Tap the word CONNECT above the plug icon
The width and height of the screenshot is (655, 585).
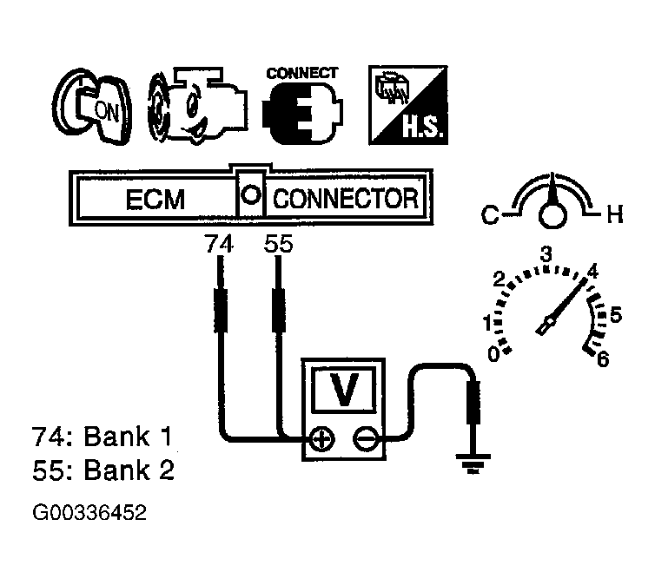tap(302, 74)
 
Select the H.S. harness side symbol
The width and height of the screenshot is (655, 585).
tap(408, 105)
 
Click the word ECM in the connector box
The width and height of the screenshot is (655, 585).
tap(155, 200)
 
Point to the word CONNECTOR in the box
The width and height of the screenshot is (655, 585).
tap(346, 199)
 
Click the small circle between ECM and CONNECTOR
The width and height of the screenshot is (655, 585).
tap(251, 194)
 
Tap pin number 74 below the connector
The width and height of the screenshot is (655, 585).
tap(219, 244)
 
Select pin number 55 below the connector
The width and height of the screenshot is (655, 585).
tap(279, 244)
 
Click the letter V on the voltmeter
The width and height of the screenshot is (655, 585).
tap(344, 390)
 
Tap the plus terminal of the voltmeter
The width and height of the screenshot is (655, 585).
tap(322, 439)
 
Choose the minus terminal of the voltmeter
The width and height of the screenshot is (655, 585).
tap(366, 439)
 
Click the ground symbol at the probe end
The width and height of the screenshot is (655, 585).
tap(473, 463)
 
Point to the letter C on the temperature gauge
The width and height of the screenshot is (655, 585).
tap(490, 215)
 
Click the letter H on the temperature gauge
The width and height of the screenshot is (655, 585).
tap(615, 215)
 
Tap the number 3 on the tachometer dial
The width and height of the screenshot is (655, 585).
tap(546, 253)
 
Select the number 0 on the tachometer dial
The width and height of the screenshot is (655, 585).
tap(493, 355)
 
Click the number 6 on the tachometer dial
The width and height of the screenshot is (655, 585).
tap(603, 358)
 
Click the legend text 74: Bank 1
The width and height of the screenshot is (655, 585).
tap(102, 437)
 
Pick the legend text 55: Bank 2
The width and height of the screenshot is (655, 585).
tap(103, 470)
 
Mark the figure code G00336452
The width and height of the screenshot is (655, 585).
tap(89, 512)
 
